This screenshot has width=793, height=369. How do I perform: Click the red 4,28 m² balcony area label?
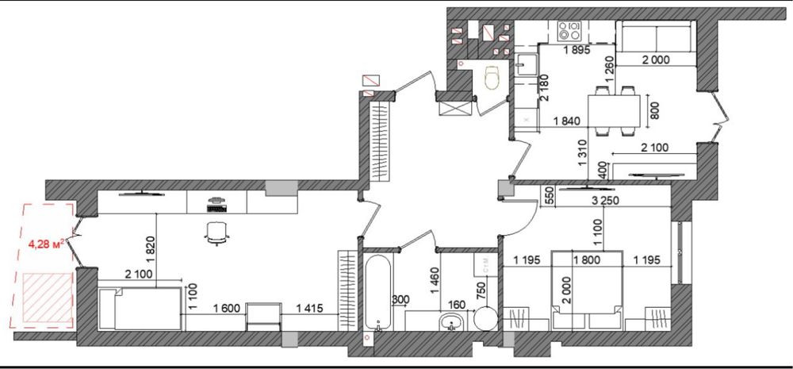[x=46, y=245]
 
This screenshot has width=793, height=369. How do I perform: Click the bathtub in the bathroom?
[x=377, y=293]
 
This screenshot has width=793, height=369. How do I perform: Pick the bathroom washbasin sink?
[x=451, y=322]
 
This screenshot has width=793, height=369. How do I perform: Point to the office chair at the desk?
[x=217, y=233]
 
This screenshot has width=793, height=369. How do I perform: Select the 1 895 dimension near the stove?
[x=577, y=49]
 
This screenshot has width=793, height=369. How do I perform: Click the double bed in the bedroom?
[x=586, y=290]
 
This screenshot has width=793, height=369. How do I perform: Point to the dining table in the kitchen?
[x=614, y=111]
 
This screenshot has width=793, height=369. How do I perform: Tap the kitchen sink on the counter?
[x=527, y=65]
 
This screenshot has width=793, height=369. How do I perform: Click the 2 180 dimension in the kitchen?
[x=544, y=87]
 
